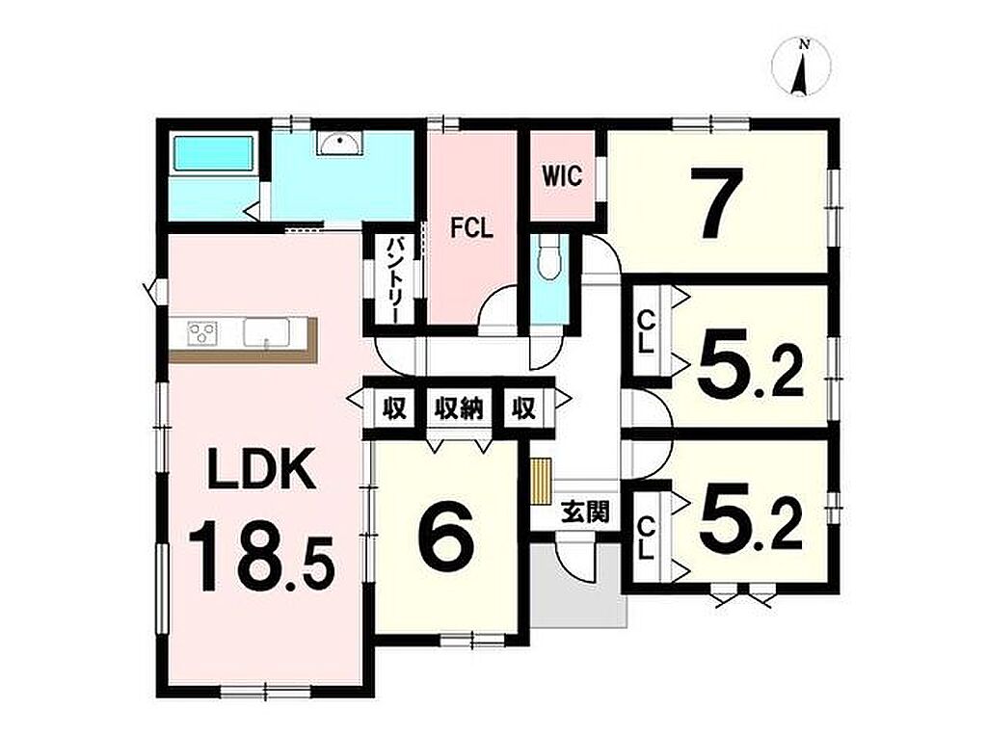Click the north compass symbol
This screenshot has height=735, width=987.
point(801,66)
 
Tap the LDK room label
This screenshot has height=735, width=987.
point(262,468)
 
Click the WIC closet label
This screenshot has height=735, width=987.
point(563,177)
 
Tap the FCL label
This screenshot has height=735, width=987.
point(470,227)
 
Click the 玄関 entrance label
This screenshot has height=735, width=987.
point(585,512)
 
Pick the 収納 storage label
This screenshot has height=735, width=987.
point(458,409)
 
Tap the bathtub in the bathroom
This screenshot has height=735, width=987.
point(214,153)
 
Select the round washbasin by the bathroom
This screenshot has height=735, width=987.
point(340,144)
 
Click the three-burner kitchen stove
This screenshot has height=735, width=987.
point(202,331)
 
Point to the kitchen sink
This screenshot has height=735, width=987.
point(266,331)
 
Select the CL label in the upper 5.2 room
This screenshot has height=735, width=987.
point(648,332)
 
